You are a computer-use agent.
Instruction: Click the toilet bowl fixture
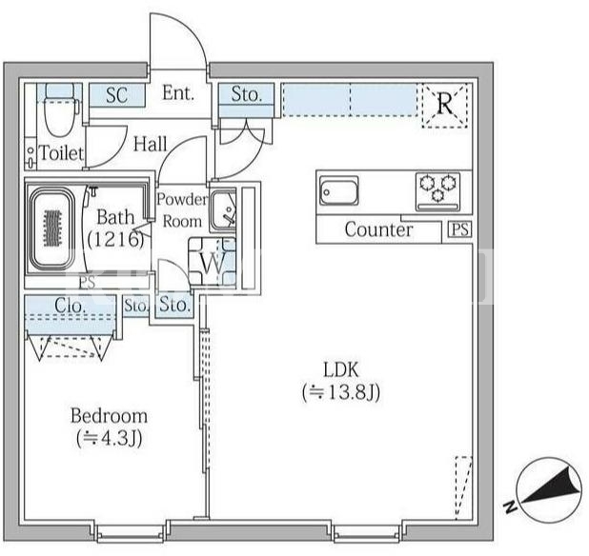click(x=60, y=111)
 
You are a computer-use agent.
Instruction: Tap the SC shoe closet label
click(x=117, y=95)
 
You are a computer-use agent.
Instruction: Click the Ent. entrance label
click(x=178, y=92)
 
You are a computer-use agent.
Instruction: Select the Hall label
click(x=151, y=144)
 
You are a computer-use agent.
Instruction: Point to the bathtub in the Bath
click(x=52, y=228)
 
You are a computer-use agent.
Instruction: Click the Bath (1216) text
click(x=115, y=228)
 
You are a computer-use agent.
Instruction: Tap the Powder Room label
click(x=182, y=210)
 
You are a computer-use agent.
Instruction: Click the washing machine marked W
click(x=213, y=262)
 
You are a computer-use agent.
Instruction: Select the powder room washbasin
click(x=223, y=210)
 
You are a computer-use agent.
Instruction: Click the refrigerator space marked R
click(x=445, y=105)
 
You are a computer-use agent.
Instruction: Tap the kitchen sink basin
click(x=339, y=191)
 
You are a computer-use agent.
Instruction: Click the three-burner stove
click(x=438, y=191)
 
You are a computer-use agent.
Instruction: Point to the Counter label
click(x=378, y=229)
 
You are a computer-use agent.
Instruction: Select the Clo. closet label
click(x=70, y=306)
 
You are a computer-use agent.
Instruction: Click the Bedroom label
click(x=109, y=416)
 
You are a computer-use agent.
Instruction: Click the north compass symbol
click(x=549, y=490)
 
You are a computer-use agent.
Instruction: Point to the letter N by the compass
click(x=509, y=506)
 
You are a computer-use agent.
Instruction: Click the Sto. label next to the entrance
click(x=247, y=94)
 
